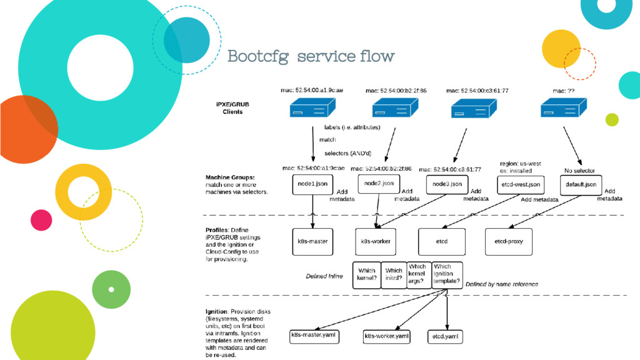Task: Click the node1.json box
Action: (x=312, y=184)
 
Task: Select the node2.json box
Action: (x=379, y=184)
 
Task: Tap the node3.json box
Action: (x=447, y=184)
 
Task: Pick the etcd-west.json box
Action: (x=520, y=184)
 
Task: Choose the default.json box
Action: (x=581, y=184)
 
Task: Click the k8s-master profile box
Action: (x=312, y=241)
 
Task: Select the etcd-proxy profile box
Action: (x=509, y=241)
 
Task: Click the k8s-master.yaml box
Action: (x=316, y=336)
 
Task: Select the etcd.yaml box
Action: (x=446, y=336)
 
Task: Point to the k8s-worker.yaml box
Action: (x=387, y=336)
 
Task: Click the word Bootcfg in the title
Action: (x=257, y=57)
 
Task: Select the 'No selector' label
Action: (x=579, y=171)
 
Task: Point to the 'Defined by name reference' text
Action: (x=502, y=284)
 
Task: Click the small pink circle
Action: (x=41, y=219)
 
